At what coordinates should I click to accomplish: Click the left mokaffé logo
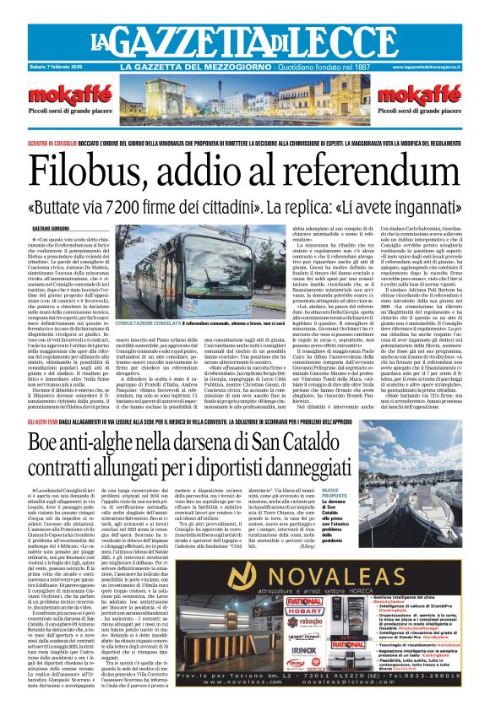point(62,95)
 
